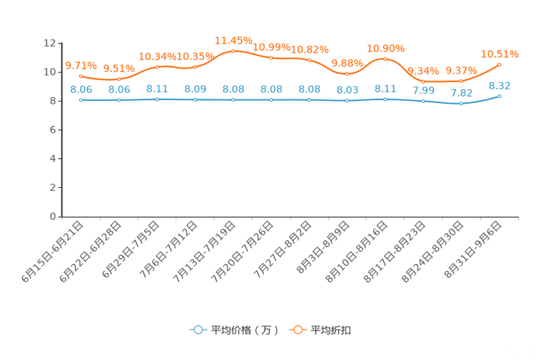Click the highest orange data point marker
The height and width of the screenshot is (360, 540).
point(233,51)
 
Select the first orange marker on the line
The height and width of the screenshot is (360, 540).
point(81,75)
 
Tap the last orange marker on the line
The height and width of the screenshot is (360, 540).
point(499,65)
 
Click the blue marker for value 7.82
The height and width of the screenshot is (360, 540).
point(461,104)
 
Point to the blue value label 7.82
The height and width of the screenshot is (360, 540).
point(461,93)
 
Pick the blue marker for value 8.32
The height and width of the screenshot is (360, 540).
point(499,96)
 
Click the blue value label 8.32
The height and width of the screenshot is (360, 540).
point(499,85)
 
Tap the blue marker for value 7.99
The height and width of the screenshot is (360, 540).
point(423,102)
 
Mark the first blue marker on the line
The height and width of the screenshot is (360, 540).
point(81,100)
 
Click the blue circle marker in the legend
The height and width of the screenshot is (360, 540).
point(197,330)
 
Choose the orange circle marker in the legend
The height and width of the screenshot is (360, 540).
point(297,330)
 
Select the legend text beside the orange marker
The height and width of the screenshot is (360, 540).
point(332,330)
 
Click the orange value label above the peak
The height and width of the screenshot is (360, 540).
point(233,39)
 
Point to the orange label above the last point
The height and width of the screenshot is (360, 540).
point(499,53)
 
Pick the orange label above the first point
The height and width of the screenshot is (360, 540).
point(81,65)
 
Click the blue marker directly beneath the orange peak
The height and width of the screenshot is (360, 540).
point(233,100)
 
